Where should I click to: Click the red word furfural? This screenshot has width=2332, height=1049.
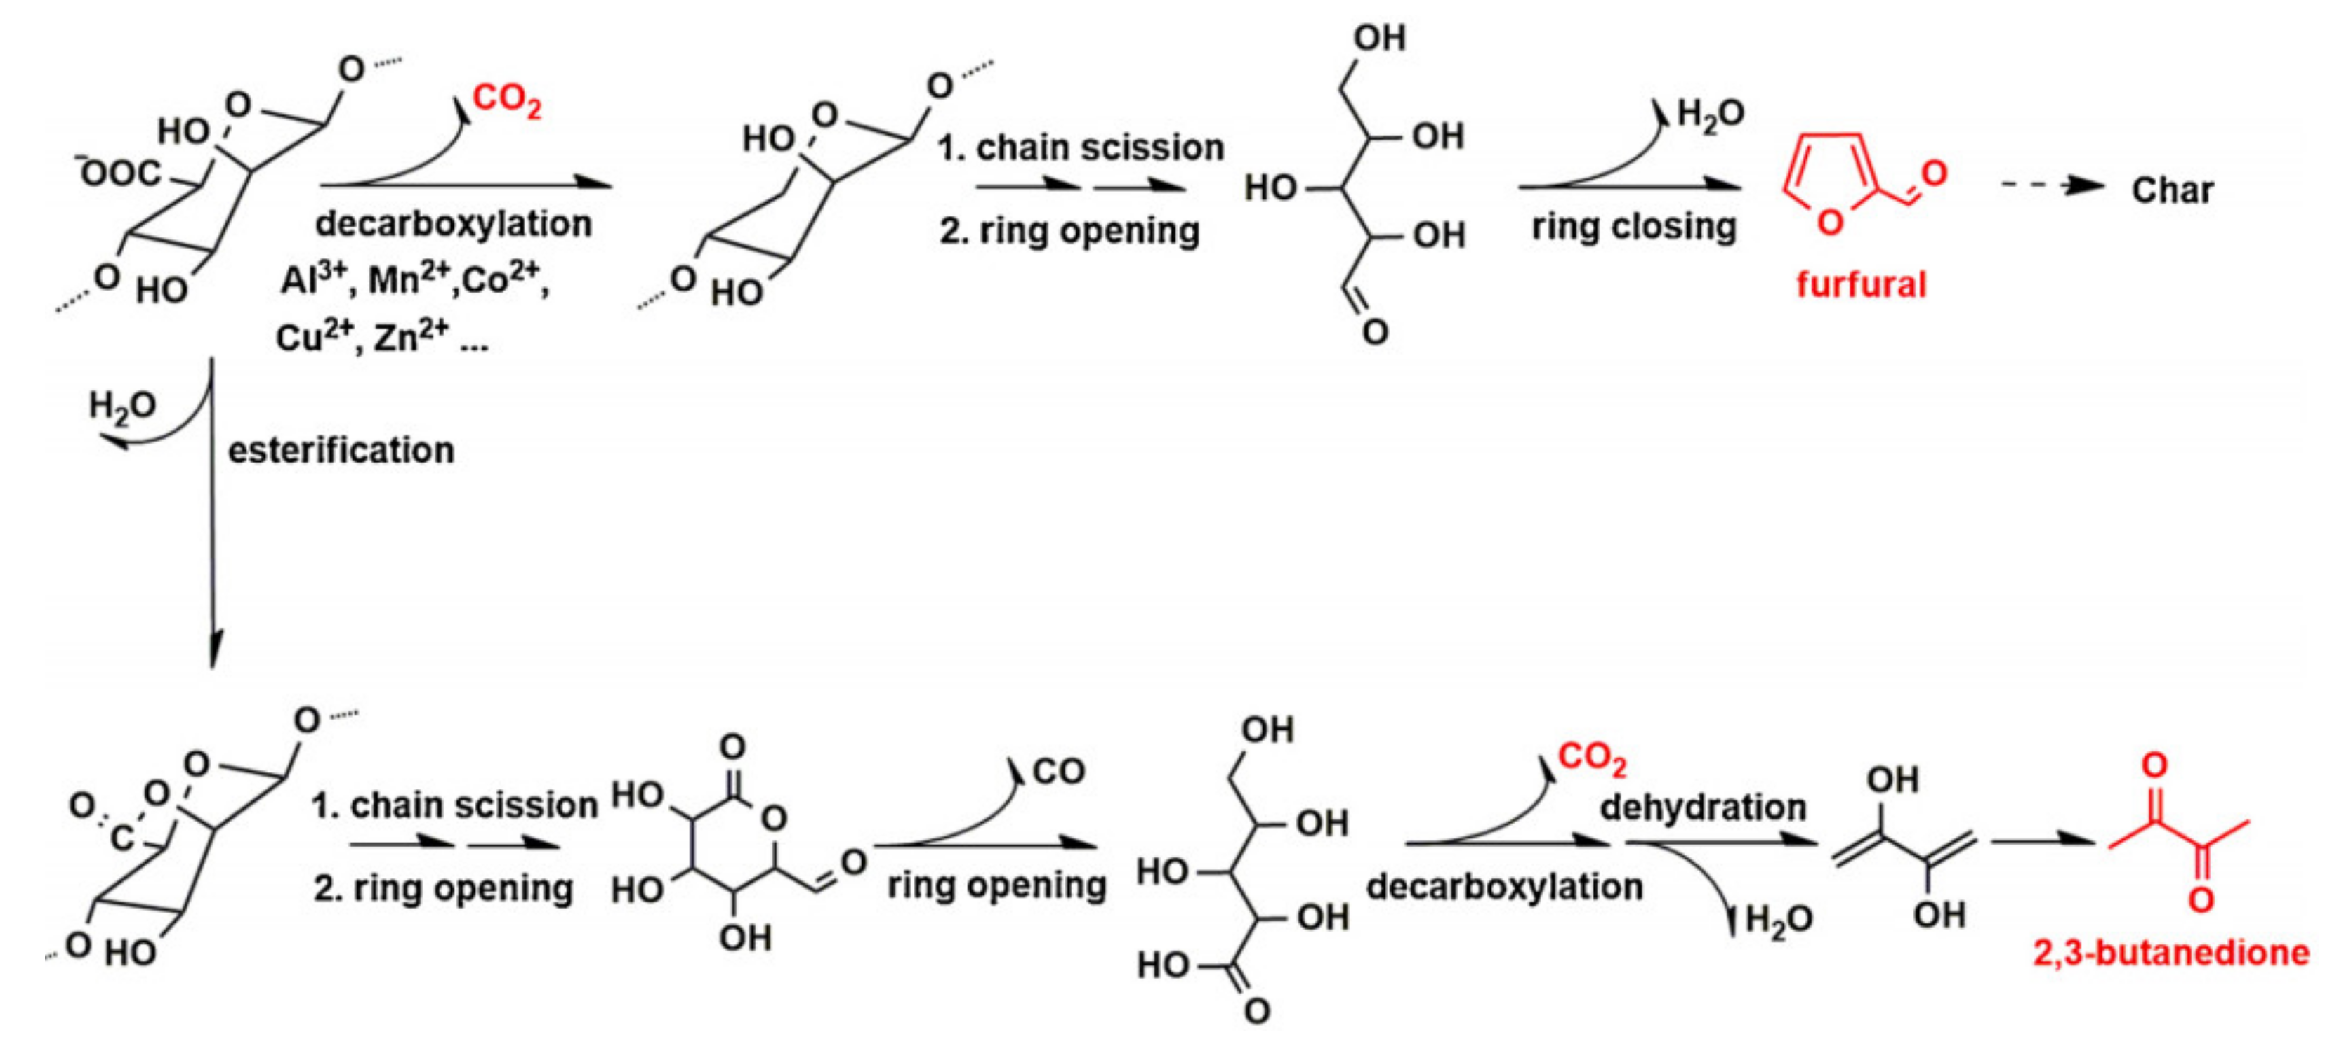pyautogui.click(x=1860, y=284)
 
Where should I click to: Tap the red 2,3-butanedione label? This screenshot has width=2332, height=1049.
pyautogui.click(x=2171, y=952)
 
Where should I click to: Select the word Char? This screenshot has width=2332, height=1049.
pyautogui.click(x=2172, y=190)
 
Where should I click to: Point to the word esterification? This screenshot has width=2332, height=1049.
pyautogui.click(x=341, y=450)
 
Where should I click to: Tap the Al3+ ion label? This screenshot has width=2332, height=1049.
pyautogui.click(x=313, y=279)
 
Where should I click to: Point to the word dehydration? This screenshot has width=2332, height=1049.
pyautogui.click(x=1703, y=807)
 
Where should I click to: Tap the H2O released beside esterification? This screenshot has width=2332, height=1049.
pyautogui.click(x=122, y=407)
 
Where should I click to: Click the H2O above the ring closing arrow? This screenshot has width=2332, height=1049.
pyautogui.click(x=1710, y=114)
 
